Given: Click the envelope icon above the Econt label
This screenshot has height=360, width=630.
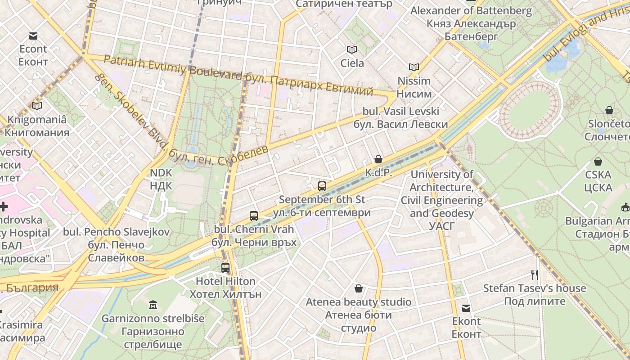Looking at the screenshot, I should click(x=33, y=36).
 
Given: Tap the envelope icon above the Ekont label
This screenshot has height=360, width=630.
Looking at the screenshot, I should click(x=466, y=308).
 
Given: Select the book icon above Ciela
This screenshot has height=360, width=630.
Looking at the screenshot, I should click(x=352, y=49).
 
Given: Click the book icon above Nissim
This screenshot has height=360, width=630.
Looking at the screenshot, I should click(x=414, y=67).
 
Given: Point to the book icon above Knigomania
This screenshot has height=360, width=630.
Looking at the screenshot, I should click(x=37, y=106).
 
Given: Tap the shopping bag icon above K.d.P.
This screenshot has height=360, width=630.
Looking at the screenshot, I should click(x=378, y=159).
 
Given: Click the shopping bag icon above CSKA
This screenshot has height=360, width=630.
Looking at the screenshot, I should click(x=598, y=162).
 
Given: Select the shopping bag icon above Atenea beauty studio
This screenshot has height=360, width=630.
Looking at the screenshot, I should click(x=359, y=288).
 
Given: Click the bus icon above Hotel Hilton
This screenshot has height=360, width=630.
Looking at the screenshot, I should click(x=225, y=268).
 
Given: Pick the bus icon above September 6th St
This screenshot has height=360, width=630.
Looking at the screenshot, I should click(x=322, y=186).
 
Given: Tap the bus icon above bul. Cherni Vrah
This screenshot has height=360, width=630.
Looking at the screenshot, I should click(x=254, y=216).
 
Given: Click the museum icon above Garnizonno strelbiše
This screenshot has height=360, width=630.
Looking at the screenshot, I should click(x=153, y=305).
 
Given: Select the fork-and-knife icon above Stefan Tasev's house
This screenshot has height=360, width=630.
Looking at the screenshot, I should click(x=535, y=274).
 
